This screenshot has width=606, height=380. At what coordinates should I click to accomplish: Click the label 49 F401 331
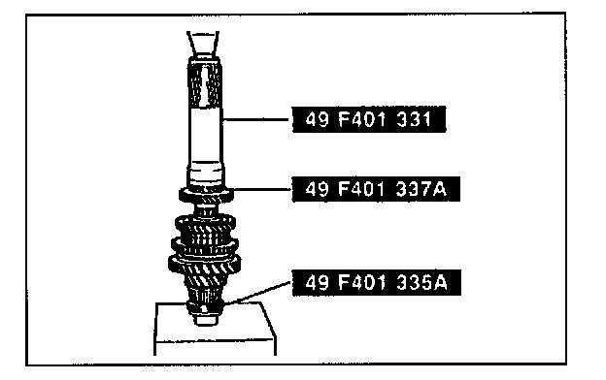pos(369,119)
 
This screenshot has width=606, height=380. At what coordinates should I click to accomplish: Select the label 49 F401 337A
pos(376,189)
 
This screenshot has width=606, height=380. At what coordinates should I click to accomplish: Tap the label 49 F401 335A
pos(377,283)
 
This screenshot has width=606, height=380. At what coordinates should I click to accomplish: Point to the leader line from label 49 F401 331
pos(257,120)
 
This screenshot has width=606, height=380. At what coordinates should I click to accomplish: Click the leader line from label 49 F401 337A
pos(262,189)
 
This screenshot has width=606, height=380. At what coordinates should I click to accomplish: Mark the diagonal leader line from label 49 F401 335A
pos(258,292)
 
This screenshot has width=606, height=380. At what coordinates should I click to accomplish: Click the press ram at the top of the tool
pos(203,44)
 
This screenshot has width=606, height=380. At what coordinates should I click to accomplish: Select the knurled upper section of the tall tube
pos(205,83)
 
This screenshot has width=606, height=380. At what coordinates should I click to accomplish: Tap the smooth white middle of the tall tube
pos(205,136)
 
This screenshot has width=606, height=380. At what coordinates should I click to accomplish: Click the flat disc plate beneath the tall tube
pos(207,194)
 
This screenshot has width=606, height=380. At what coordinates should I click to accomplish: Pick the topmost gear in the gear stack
pos(205,228)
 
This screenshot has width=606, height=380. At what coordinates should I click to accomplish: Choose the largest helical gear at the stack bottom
pos(205,267)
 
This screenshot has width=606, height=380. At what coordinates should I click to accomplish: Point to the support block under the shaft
pos(215,329)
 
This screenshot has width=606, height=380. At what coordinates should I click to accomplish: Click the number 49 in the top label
pos(318,119)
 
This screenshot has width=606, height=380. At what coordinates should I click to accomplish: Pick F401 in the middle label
pos(361,189)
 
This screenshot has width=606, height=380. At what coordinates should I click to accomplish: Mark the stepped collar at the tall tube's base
pos(206,174)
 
